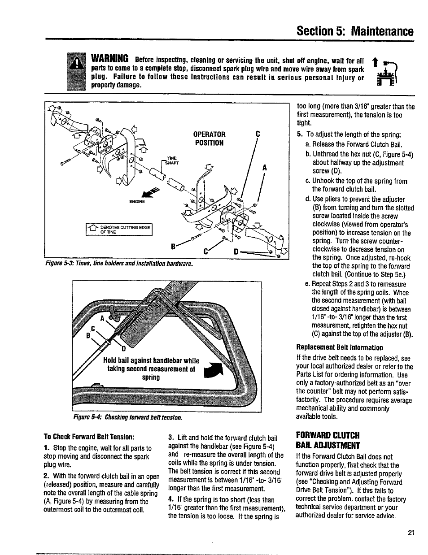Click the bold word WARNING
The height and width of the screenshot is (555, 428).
coord(110,59)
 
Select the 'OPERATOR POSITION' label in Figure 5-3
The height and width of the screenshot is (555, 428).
coord(209,139)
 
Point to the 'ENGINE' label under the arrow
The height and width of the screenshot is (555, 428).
coord(136,201)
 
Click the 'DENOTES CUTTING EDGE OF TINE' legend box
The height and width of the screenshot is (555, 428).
coord(120,229)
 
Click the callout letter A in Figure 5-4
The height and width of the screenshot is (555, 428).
coord(102,318)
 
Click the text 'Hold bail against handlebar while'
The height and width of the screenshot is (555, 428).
coord(151,361)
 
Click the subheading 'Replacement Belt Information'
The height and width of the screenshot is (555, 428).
coord(340,347)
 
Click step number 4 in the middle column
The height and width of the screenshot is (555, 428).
coord(170,499)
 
